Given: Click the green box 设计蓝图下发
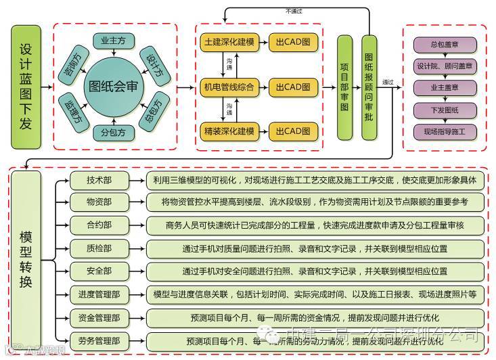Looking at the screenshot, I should (26, 87).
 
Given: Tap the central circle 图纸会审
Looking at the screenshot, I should (115, 87).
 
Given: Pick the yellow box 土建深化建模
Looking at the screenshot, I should (229, 42).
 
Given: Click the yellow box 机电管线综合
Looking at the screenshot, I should (229, 87).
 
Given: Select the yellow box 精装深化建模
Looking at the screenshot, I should (229, 131).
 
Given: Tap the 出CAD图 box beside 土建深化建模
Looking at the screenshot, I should (293, 42).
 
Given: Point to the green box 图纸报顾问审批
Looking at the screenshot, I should (369, 87).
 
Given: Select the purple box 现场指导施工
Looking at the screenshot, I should (445, 131).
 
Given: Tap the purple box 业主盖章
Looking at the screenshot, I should (445, 88).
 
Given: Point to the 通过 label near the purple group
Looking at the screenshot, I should (388, 82).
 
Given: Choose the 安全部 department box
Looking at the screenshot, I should (99, 271).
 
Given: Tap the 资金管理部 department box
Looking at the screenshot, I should (99, 317).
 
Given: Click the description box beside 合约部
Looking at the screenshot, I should (315, 226).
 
